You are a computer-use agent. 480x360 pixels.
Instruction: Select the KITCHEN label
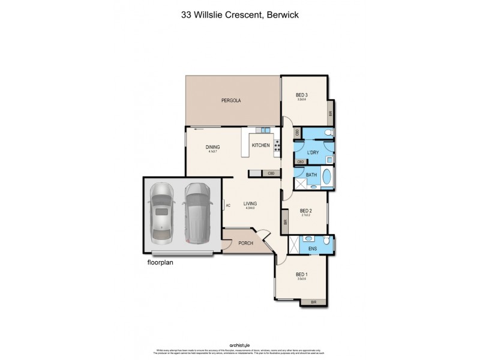click(260, 146)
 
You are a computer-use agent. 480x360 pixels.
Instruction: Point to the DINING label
click(212, 147)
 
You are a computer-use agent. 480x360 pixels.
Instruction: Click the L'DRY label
click(313, 152)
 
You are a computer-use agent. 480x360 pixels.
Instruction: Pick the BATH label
click(311, 175)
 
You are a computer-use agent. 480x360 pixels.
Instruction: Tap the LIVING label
click(250, 204)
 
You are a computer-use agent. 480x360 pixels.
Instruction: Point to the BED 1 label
click(302, 275)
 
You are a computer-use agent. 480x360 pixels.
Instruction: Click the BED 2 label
click(305, 211)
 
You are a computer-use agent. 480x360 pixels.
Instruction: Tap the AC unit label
click(227, 206)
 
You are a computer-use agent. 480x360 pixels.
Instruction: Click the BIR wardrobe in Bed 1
click(313, 302)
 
